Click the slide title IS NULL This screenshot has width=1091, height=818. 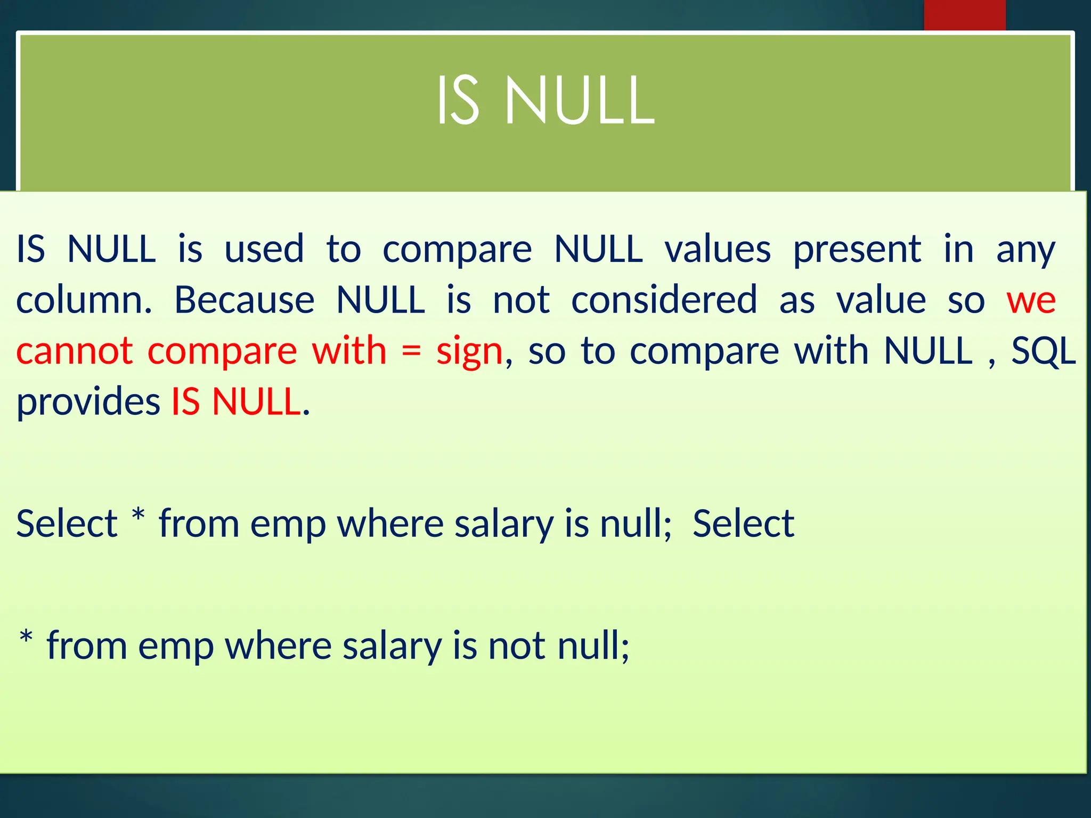545,101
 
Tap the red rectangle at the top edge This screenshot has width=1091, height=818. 964,15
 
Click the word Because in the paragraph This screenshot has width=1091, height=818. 245,300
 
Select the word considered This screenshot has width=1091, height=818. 664,300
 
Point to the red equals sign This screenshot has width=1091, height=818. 411,351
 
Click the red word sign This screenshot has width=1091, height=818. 469,351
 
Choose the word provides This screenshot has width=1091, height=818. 88,402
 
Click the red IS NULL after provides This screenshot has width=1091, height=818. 236,402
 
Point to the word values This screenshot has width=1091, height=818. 718,249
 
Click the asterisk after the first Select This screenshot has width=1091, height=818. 138,516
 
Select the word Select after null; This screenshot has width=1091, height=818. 743,523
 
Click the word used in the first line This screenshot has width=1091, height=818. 264,249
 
